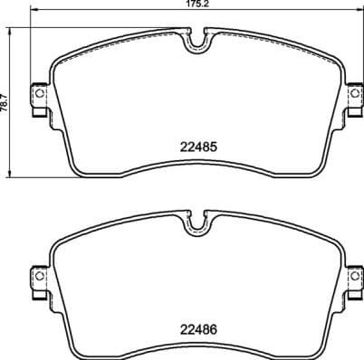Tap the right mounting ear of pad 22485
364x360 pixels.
coord(350,96)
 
